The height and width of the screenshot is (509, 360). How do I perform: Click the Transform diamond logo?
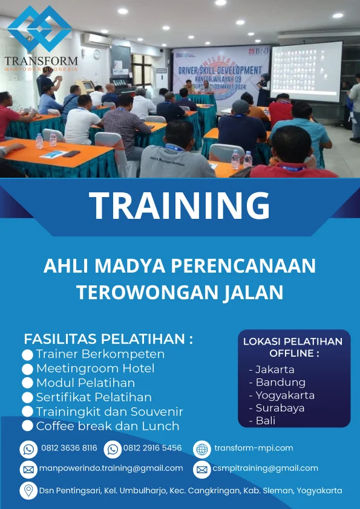point(39,29)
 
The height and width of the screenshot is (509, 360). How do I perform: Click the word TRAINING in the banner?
point(180,206)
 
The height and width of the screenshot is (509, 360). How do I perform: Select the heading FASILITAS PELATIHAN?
point(108,339)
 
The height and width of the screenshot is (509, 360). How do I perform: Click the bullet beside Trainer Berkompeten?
point(27,354)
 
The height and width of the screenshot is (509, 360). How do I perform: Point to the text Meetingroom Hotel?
point(95,368)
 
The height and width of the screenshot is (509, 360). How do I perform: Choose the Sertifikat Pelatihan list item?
point(94,397)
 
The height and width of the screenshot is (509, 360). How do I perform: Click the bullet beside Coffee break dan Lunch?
point(27,426)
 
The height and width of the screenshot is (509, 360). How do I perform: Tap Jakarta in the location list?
point(275,369)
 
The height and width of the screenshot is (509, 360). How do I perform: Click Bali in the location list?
point(265,421)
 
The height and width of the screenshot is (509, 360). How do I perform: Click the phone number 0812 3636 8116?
point(69,449)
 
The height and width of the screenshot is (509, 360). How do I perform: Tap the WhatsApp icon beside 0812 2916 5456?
point(113,449)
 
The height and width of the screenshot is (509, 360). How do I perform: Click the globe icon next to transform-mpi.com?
point(201,449)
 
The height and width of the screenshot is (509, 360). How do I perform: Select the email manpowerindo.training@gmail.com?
point(111,468)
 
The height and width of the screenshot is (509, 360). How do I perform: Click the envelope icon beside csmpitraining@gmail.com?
point(201,469)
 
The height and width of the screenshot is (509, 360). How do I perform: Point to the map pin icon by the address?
point(28,490)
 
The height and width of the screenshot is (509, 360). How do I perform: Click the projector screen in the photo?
point(306,71)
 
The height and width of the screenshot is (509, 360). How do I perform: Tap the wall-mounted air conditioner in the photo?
point(96,39)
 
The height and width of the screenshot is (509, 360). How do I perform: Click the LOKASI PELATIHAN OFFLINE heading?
point(293,347)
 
